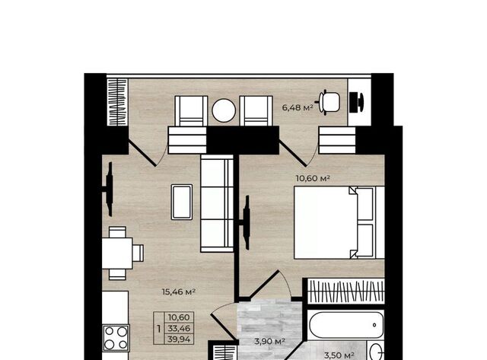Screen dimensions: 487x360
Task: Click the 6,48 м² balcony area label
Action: click(298, 108)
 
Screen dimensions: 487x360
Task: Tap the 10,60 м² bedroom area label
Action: click(313, 178)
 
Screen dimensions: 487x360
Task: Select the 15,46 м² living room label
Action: click(179, 292)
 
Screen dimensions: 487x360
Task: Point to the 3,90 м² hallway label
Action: click(269, 342)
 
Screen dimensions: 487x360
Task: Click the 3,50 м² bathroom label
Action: click(339, 355)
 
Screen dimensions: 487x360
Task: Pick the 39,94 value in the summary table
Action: click(179, 339)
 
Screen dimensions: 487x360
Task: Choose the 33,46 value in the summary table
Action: click(179, 328)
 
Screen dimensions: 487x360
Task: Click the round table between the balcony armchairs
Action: click(224, 110)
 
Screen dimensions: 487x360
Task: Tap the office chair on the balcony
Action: click(328, 102)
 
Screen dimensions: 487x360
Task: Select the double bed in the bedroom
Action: click(339, 222)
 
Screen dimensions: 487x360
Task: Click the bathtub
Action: click(346, 325)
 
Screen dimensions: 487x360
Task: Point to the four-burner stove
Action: click(116, 338)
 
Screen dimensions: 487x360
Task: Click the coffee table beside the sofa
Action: click(182, 202)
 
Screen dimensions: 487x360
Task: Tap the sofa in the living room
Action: click(217, 203)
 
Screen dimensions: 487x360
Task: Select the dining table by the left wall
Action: click(117, 253)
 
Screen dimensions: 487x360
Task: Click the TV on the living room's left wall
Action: click(108, 190)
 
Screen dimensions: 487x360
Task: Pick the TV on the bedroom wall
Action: click(246, 222)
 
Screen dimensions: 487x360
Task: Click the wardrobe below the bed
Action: click(346, 291)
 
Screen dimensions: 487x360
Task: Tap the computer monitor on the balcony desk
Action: click(356, 102)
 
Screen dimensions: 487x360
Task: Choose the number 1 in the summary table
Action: click(159, 328)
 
